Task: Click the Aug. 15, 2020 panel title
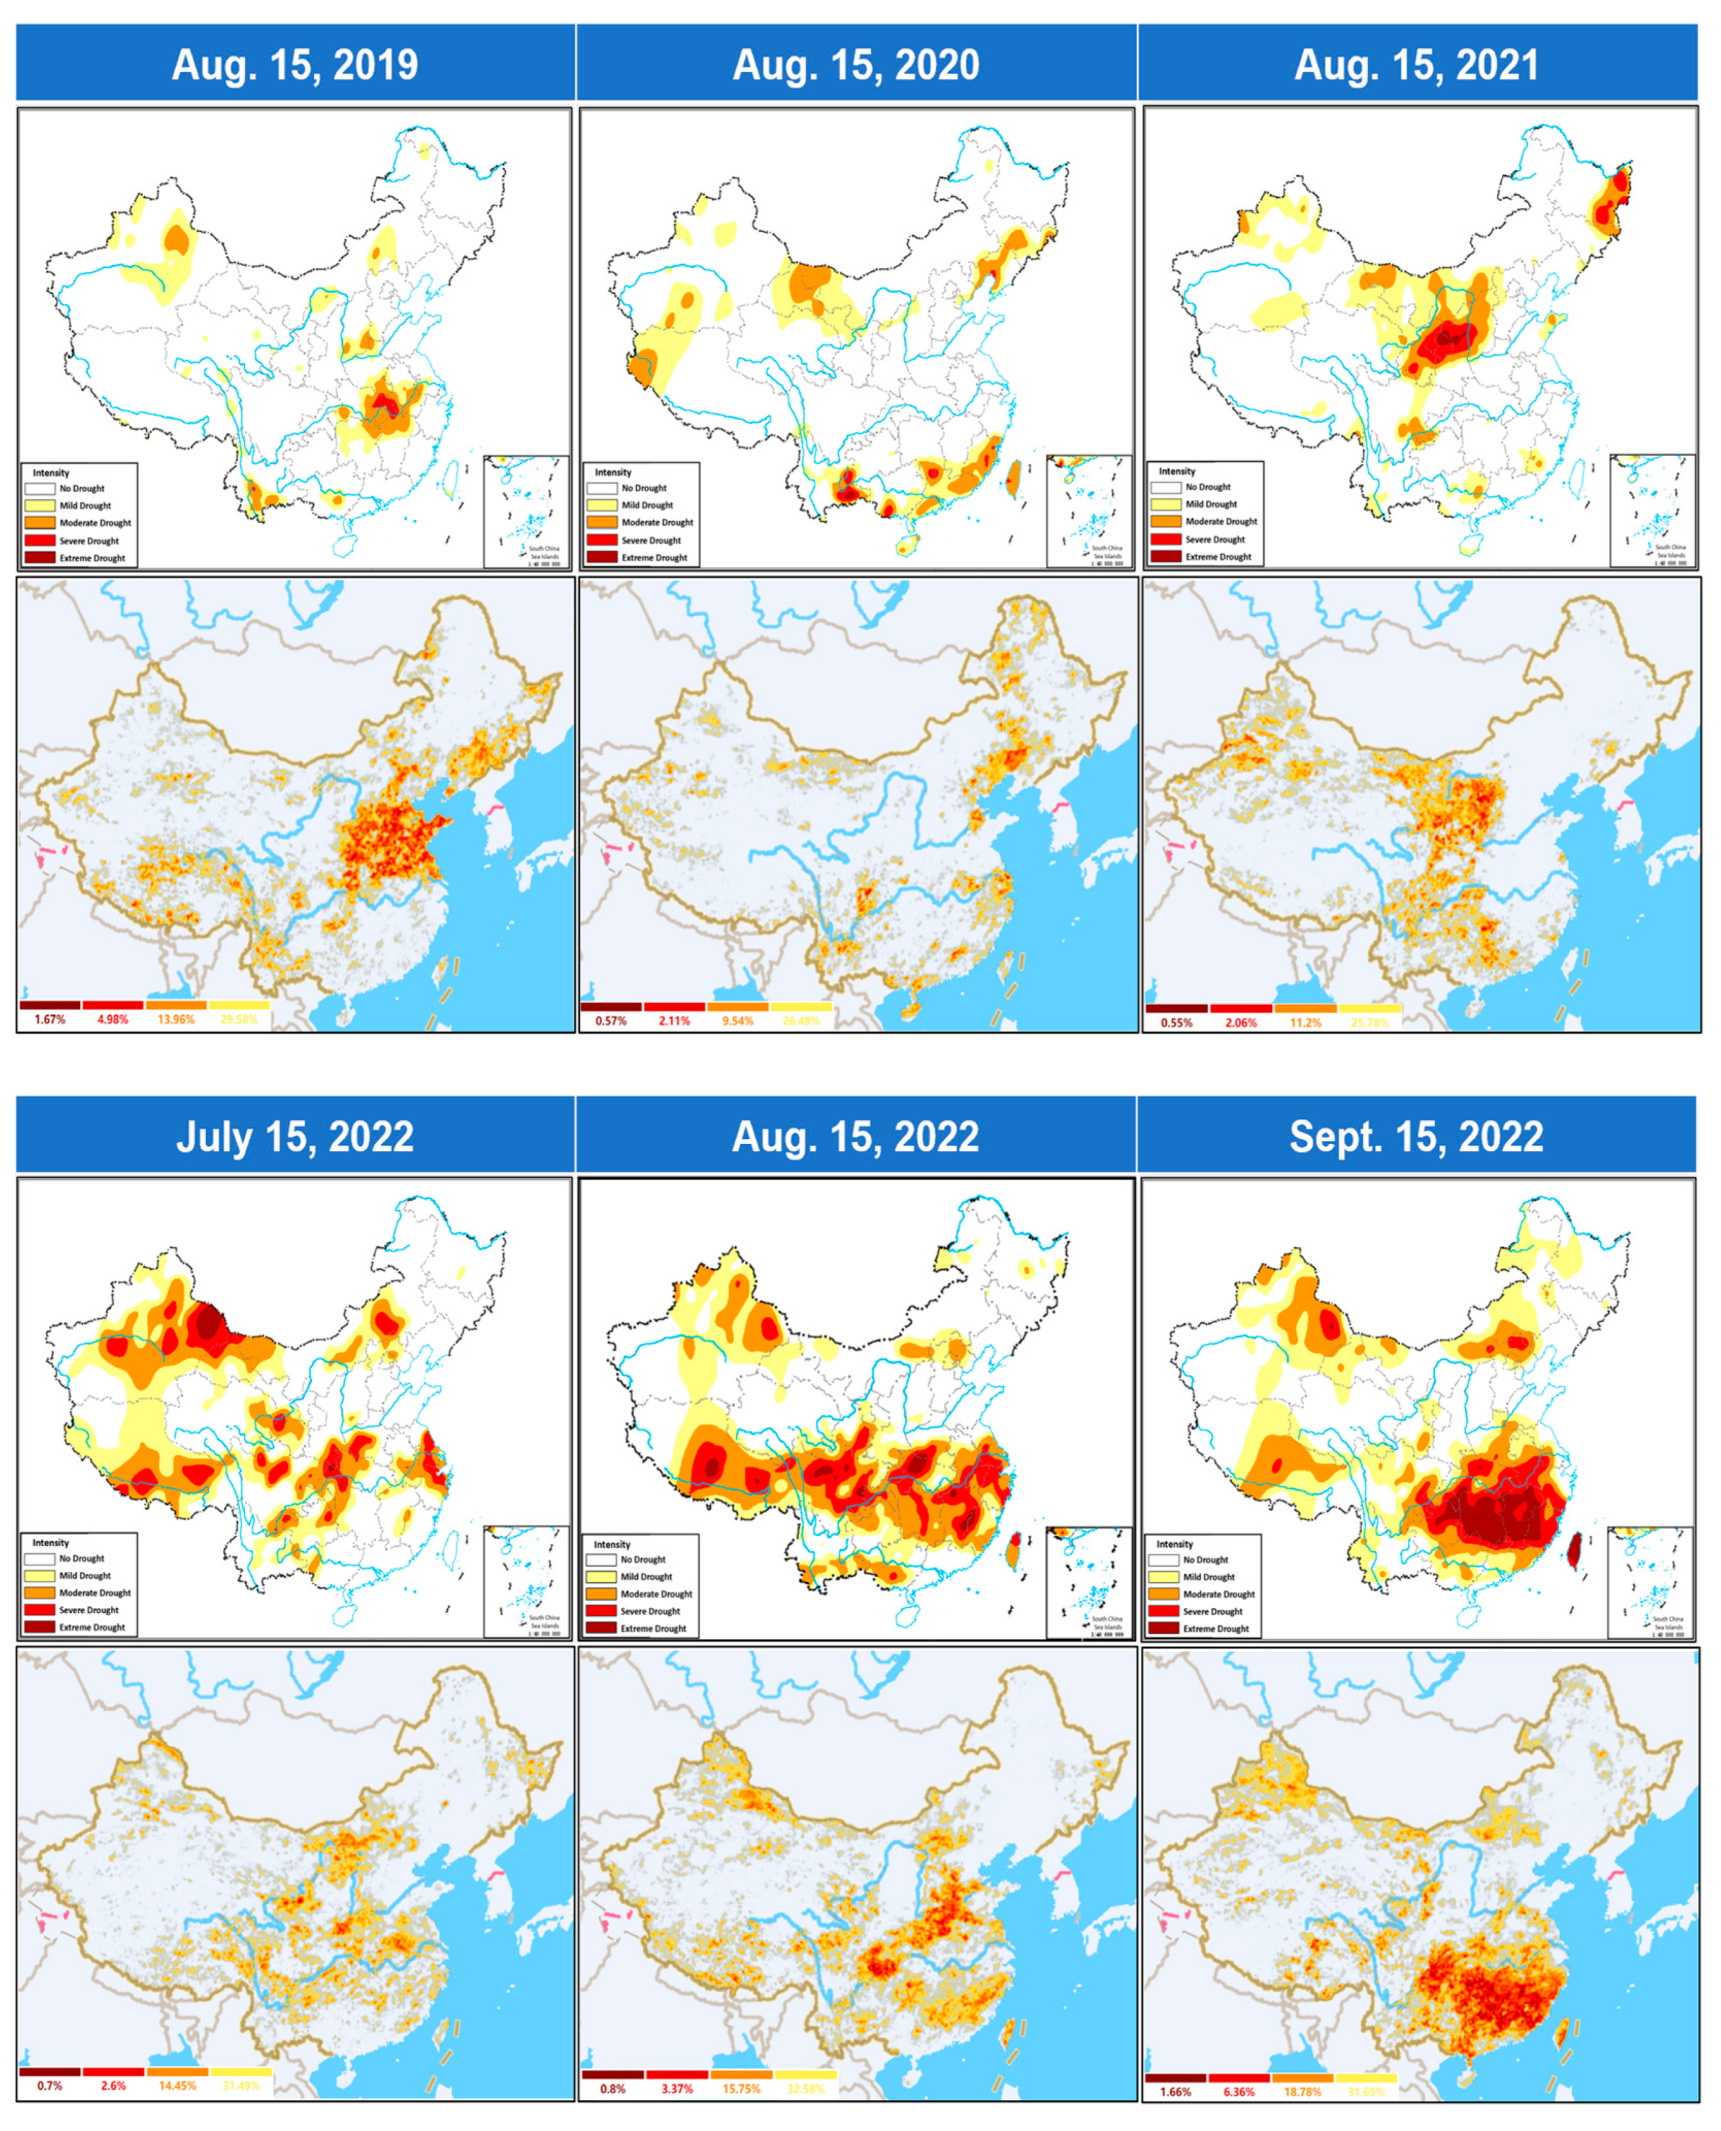pyautogui.click(x=856, y=66)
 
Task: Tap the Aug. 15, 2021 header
pyautogui.click(x=1417, y=66)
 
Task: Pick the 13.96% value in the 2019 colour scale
pyautogui.click(x=177, y=1020)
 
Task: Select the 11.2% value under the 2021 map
pyautogui.click(x=1305, y=1022)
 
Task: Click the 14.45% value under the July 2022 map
pyautogui.click(x=177, y=2085)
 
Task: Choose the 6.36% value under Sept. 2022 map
pyautogui.click(x=1238, y=2091)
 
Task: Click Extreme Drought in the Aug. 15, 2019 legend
pyautogui.click(x=91, y=558)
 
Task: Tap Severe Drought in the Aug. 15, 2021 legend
pyautogui.click(x=1215, y=539)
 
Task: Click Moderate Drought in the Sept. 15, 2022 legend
pyautogui.click(x=1218, y=1594)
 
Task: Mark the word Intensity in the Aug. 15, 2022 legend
pyautogui.click(x=611, y=1544)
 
